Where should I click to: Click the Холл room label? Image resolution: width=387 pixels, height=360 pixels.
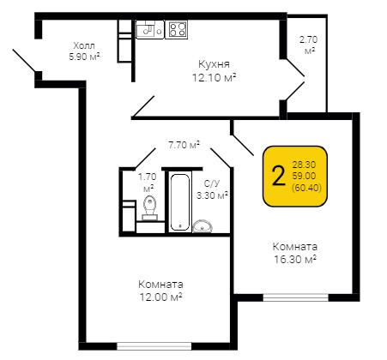point(84,45)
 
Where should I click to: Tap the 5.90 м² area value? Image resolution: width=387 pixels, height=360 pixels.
point(84,57)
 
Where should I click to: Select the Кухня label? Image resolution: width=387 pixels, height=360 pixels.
point(214,64)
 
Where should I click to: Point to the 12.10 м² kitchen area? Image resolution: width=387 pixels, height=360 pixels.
point(215,77)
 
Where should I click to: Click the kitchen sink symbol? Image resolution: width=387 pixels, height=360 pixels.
point(149,29)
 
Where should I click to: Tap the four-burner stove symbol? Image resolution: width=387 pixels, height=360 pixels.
point(177,29)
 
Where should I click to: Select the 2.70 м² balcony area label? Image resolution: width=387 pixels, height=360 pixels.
point(308,45)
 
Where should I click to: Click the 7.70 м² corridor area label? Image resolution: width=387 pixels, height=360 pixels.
point(184,145)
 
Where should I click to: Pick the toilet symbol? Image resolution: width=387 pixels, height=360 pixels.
point(150,208)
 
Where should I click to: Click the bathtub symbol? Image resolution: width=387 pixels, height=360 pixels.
point(179,202)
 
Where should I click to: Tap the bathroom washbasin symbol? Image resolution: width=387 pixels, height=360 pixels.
point(203,226)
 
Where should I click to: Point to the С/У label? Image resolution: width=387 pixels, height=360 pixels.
point(212,183)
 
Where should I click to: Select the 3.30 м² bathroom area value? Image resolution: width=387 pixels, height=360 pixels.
point(212,195)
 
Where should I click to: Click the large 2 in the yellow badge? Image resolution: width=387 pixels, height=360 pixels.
point(278,176)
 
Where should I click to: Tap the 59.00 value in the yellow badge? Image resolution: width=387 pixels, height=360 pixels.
point(304,176)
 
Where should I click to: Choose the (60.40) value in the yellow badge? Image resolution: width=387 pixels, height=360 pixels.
point(306,188)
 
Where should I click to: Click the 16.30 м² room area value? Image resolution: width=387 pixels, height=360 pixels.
point(295,260)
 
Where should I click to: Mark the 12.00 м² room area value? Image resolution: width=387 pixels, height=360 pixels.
point(160,297)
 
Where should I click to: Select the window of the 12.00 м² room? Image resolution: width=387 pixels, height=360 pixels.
point(154,346)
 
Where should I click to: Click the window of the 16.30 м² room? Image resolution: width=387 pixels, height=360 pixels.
point(296,297)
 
